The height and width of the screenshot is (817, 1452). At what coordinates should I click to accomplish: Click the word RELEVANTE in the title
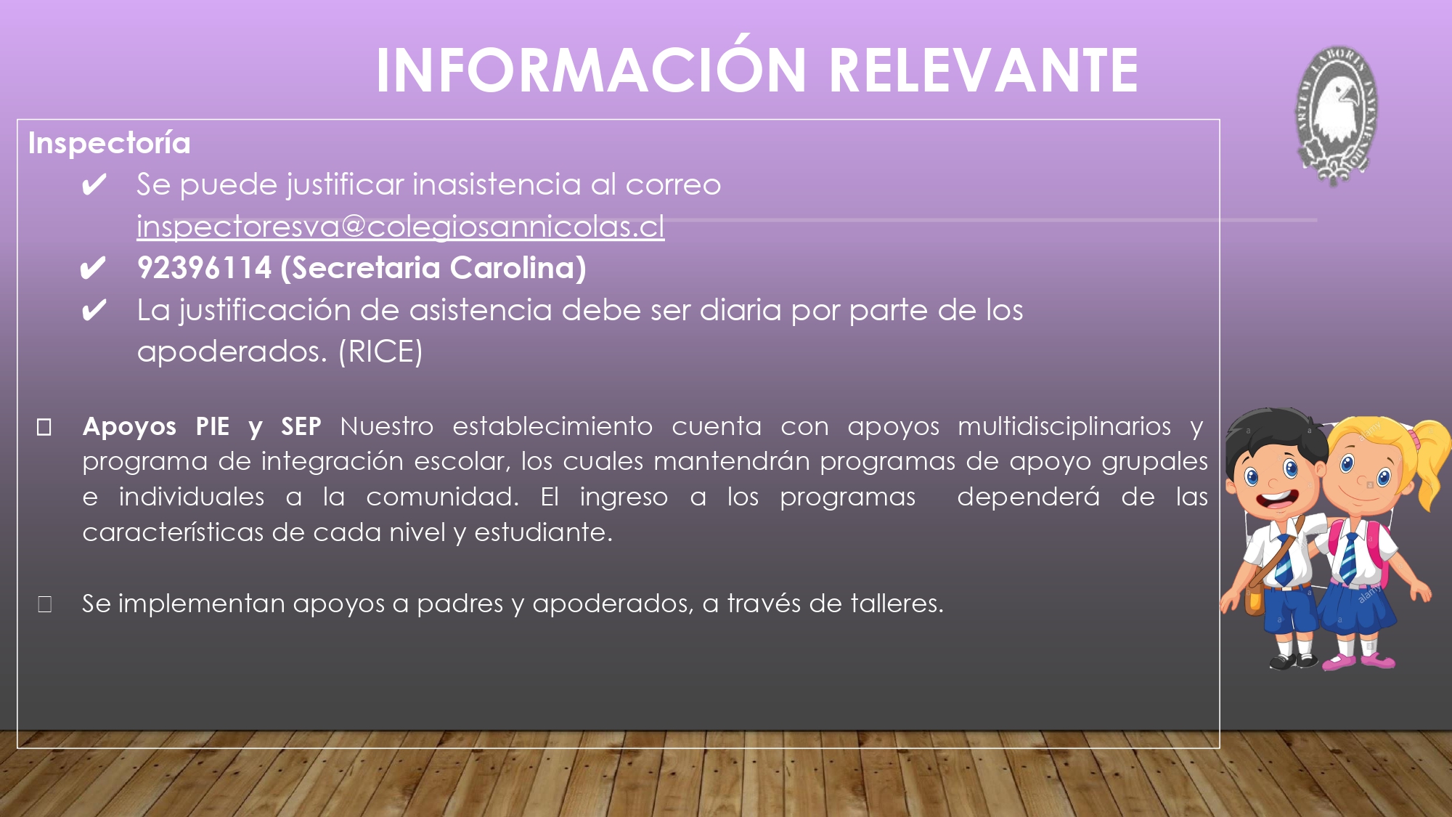click(x=984, y=70)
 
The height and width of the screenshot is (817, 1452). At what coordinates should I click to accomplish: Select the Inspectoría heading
click(x=110, y=143)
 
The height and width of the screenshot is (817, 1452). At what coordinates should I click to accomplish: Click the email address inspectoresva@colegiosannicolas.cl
click(x=401, y=227)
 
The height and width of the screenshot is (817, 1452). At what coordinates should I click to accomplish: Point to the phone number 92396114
click(x=205, y=268)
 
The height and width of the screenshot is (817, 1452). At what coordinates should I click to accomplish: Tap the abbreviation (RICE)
click(x=380, y=351)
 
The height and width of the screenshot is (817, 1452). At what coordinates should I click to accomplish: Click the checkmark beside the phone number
click(x=93, y=269)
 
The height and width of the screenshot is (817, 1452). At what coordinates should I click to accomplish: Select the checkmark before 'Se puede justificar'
click(x=94, y=185)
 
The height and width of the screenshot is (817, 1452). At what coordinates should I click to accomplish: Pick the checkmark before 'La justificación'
click(x=94, y=311)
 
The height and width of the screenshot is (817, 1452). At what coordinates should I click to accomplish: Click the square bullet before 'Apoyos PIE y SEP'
click(x=44, y=427)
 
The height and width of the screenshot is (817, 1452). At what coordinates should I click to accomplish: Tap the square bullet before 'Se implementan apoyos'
click(x=44, y=604)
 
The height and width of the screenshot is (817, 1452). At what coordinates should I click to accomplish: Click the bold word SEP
click(x=301, y=426)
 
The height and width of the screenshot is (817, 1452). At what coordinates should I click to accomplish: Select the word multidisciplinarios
click(x=1064, y=426)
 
